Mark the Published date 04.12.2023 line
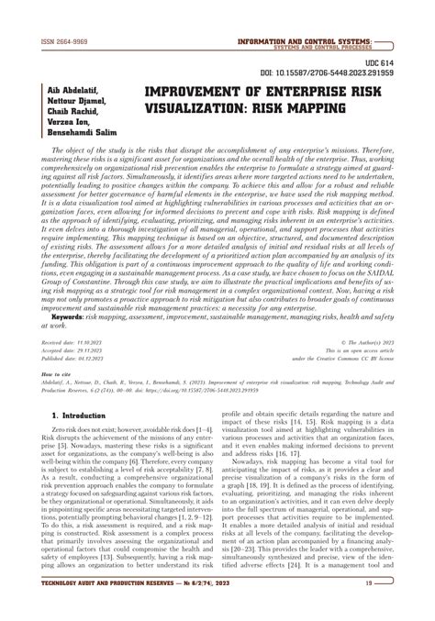coord(72,358)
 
